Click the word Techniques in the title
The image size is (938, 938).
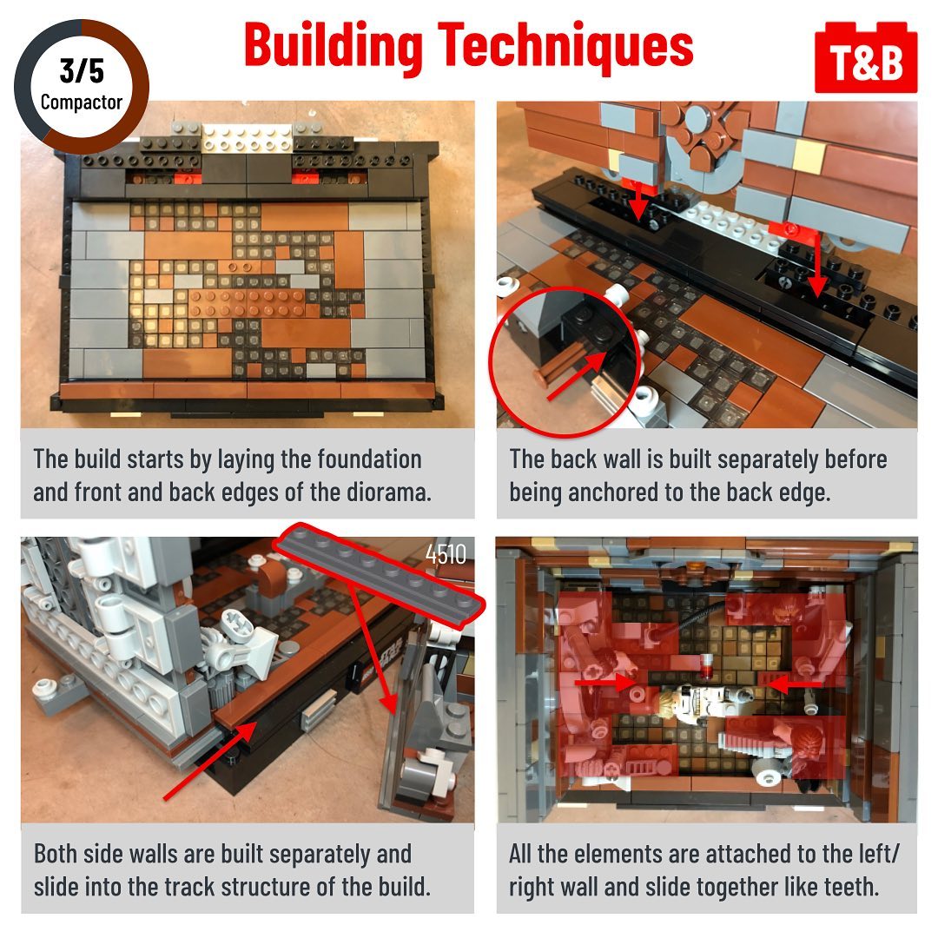[565, 45]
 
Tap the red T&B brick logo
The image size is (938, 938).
[866, 57]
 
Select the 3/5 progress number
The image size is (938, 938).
[82, 71]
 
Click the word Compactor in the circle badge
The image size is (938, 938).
[82, 102]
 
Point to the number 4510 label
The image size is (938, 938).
[446, 554]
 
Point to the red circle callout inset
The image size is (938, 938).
[565, 361]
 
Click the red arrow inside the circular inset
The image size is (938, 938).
[577, 376]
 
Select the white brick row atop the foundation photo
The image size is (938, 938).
[247, 137]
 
